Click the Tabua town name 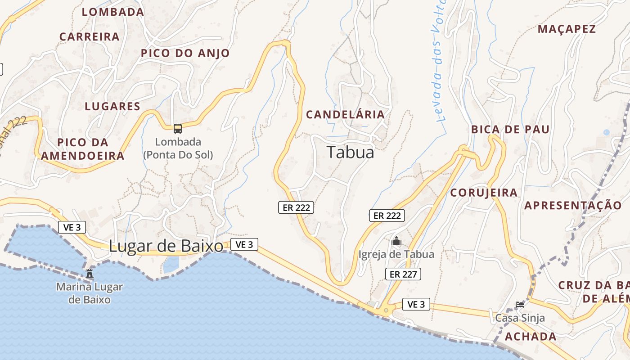click(x=351, y=153)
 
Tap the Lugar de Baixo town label click(x=166, y=246)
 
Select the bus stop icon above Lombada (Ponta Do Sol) click(x=178, y=129)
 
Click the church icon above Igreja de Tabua click(x=396, y=241)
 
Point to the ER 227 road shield click(x=403, y=274)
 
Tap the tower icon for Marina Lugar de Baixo click(x=90, y=273)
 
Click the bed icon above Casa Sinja click(x=520, y=305)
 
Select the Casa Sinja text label click(x=520, y=318)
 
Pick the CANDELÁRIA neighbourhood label click(x=345, y=115)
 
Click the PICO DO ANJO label click(x=185, y=54)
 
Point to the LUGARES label click(x=112, y=107)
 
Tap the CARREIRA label click(x=90, y=37)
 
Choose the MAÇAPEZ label click(x=567, y=29)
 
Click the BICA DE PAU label click(x=510, y=130)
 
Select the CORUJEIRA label click(x=484, y=193)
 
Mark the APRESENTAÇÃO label click(x=572, y=206)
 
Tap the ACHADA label click(x=531, y=337)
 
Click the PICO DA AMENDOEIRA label click(x=83, y=149)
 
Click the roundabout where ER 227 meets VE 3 click(x=386, y=310)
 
